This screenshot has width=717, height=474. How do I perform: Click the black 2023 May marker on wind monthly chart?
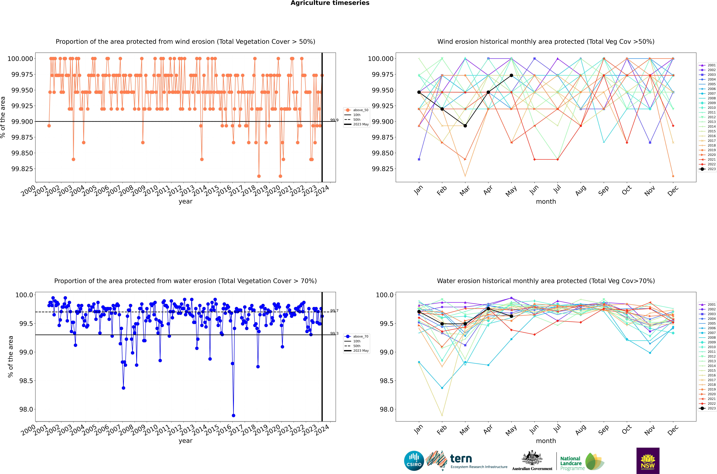click(x=511, y=75)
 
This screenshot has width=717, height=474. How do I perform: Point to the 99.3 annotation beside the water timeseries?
click(x=334, y=333)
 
